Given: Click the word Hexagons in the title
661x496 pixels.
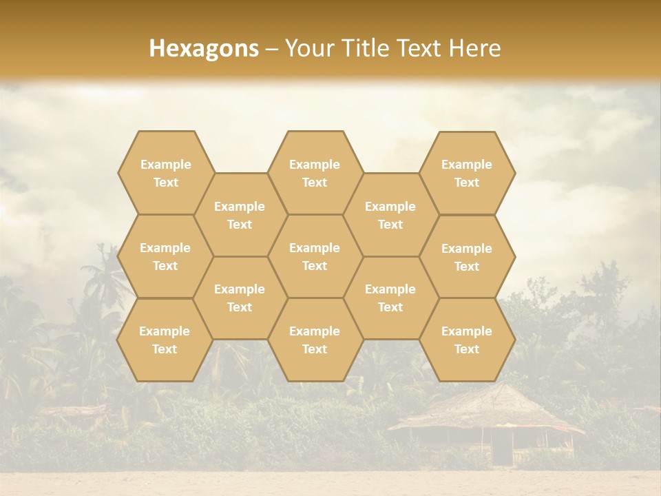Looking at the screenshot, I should click(204, 48).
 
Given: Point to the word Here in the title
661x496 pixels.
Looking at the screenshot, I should click(475, 48).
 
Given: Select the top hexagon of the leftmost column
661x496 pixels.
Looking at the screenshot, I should click(165, 173).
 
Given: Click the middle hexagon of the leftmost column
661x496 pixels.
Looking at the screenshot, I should click(165, 256).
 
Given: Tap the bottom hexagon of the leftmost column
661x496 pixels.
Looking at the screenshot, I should click(165, 340).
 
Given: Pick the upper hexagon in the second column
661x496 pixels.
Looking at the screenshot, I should click(240, 215).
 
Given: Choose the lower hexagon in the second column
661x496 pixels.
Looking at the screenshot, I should click(240, 298).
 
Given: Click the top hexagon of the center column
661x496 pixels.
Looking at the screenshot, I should click(315, 173).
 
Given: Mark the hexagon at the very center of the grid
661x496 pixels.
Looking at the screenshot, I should click(315, 256).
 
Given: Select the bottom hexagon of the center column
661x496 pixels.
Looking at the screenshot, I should click(315, 340).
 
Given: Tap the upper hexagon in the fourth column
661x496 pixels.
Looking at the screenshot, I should click(390, 215).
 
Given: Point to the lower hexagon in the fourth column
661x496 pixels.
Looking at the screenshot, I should click(390, 298).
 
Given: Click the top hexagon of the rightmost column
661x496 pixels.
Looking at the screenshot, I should click(467, 173).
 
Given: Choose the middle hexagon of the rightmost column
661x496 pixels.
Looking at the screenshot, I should click(467, 257).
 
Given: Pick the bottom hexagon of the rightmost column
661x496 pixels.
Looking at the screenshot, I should click(467, 340).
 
